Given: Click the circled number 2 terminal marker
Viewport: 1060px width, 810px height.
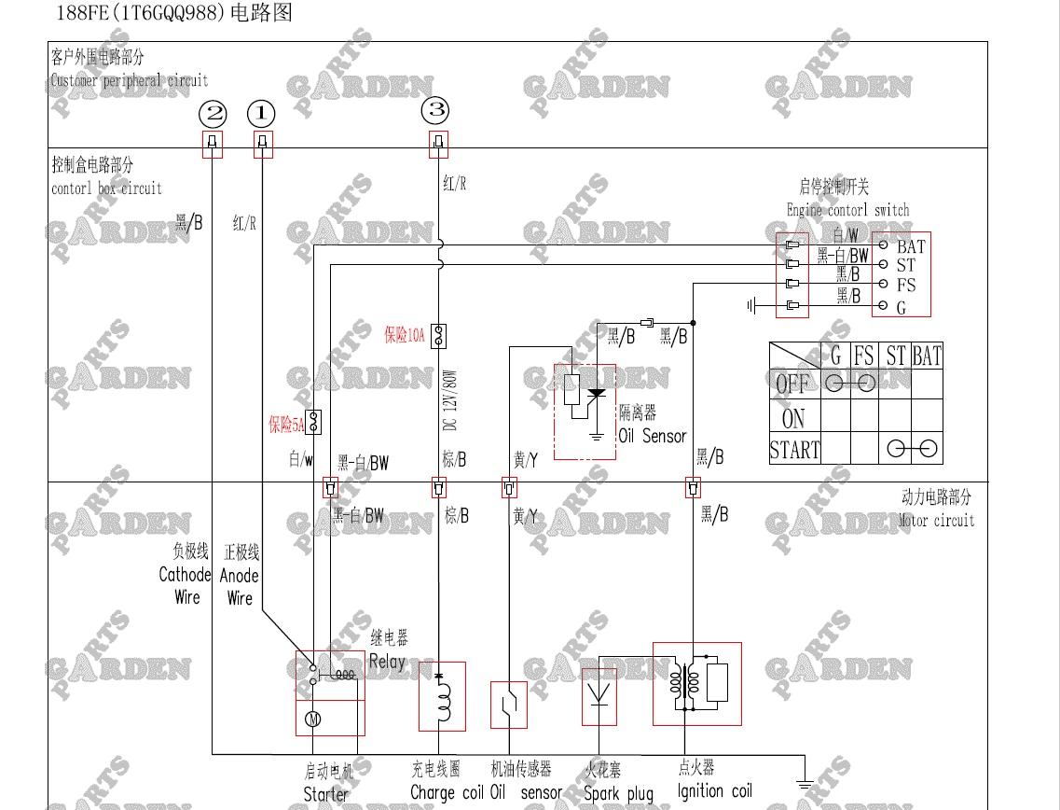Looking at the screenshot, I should click(214, 115).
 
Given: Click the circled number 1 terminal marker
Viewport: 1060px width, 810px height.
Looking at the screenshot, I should click(261, 115).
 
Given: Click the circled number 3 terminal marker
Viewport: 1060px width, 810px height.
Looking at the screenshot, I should click(435, 111).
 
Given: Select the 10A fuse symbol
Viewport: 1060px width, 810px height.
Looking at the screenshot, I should click(438, 335).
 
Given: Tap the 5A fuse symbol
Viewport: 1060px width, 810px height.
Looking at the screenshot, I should click(314, 422).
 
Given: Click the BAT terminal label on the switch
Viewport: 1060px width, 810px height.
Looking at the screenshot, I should click(910, 247).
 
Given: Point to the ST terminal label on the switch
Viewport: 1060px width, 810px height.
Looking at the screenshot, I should click(905, 266).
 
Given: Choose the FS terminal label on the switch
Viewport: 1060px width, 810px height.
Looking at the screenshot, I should click(905, 286).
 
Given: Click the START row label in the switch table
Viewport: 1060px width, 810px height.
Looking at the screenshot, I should click(794, 450).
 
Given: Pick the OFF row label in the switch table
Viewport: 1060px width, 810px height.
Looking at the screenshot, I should click(792, 384).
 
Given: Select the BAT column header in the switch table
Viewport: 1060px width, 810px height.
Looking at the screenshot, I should click(926, 356).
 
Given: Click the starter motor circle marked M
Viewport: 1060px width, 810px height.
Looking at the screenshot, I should click(313, 718).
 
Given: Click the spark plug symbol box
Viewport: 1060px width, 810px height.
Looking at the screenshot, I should click(599, 696).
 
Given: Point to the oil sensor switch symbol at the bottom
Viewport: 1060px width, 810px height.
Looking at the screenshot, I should click(509, 705).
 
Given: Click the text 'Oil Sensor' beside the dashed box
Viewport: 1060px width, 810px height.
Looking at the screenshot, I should click(652, 436).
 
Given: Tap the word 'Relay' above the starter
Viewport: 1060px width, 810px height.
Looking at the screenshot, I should click(387, 662).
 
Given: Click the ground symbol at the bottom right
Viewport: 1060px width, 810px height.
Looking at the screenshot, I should click(805, 785).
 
